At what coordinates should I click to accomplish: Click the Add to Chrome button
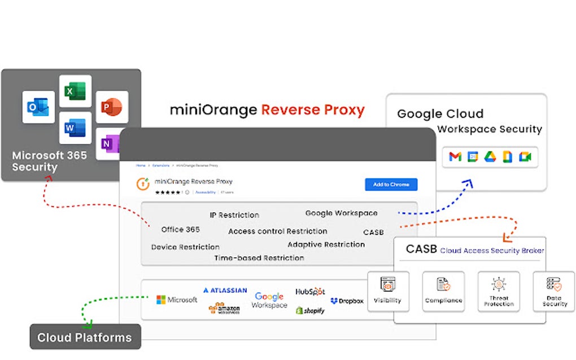click(391, 185)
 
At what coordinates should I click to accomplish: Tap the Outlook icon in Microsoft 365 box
click(38, 107)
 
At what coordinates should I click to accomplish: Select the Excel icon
click(75, 91)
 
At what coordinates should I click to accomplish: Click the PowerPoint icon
click(112, 107)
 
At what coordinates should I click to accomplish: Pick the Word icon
click(75, 128)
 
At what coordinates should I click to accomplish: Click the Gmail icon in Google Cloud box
click(455, 157)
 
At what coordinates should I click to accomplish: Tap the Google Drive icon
click(490, 157)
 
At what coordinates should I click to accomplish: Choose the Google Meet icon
click(525, 157)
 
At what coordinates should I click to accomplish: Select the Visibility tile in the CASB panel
click(388, 291)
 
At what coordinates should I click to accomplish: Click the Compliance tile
click(443, 291)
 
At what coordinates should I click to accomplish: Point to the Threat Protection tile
click(499, 291)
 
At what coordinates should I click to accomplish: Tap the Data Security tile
click(554, 291)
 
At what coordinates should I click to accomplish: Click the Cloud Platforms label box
click(85, 337)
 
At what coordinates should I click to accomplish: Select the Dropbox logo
click(347, 301)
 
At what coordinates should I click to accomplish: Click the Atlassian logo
click(225, 290)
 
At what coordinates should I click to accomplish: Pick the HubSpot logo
click(310, 291)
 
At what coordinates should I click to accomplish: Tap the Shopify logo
click(310, 310)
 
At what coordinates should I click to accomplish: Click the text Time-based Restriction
click(259, 258)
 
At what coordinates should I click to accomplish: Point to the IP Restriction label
click(234, 215)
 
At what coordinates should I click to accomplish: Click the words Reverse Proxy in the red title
click(312, 110)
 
